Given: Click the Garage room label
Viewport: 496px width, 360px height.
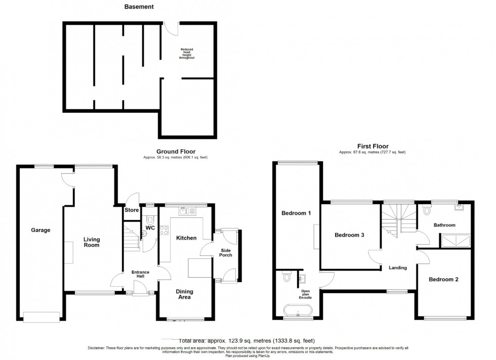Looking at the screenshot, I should point(41,230).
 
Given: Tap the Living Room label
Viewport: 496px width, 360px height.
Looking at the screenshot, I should point(92,242).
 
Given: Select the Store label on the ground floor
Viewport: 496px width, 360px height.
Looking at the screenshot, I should point(132,210).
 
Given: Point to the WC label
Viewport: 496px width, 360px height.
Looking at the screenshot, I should point(150,228).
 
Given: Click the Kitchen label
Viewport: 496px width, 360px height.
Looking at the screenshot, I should point(186,238).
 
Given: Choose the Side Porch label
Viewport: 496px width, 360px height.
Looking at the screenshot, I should point(226,252).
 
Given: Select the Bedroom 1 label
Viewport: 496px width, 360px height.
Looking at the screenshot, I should point(296,213).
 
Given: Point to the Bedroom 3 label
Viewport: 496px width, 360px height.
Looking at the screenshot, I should point(350,235).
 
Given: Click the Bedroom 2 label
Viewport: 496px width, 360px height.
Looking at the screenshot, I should point(443,279).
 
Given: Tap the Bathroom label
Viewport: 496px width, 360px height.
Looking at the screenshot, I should point(444,225).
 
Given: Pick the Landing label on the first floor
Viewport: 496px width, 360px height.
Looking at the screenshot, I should point(398,267).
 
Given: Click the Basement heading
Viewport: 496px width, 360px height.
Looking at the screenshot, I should point(139,7).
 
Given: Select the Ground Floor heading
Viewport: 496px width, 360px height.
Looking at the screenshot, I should point(176,151).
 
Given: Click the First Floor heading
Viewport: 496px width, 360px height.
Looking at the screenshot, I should point(372,146).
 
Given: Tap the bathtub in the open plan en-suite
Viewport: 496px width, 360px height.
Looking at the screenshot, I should point(297,309).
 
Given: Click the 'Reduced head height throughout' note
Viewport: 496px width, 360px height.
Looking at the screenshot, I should point(186,54).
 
